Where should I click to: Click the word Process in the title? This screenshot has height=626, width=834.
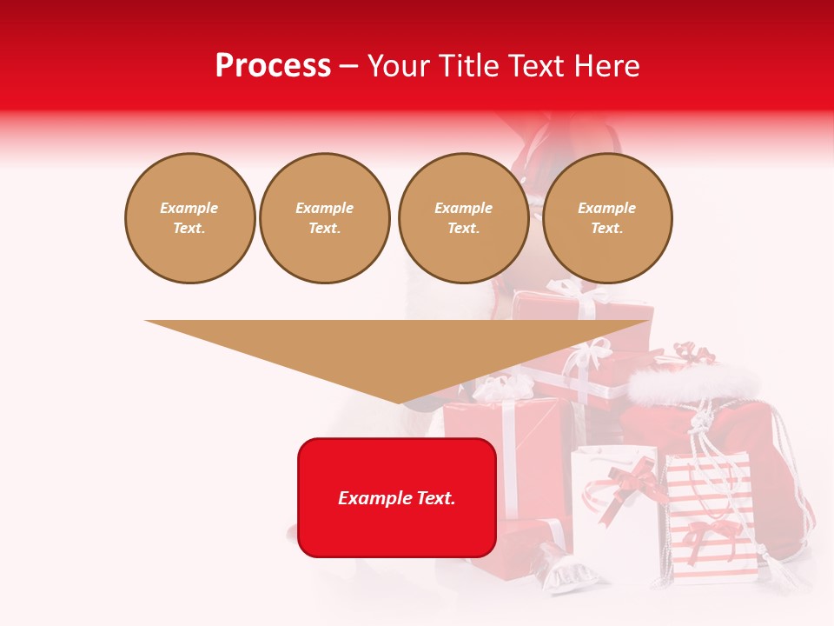click(x=273, y=66)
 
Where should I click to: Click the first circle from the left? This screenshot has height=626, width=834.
click(x=189, y=218)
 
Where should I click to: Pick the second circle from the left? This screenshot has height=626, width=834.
click(x=324, y=218)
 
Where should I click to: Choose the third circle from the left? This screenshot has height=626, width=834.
click(x=463, y=218)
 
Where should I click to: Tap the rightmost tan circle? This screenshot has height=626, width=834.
click(x=606, y=218)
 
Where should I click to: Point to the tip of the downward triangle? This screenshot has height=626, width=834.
click(x=399, y=402)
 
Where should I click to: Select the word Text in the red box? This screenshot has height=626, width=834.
click(x=434, y=498)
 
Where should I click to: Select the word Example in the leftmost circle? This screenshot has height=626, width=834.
click(x=189, y=208)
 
